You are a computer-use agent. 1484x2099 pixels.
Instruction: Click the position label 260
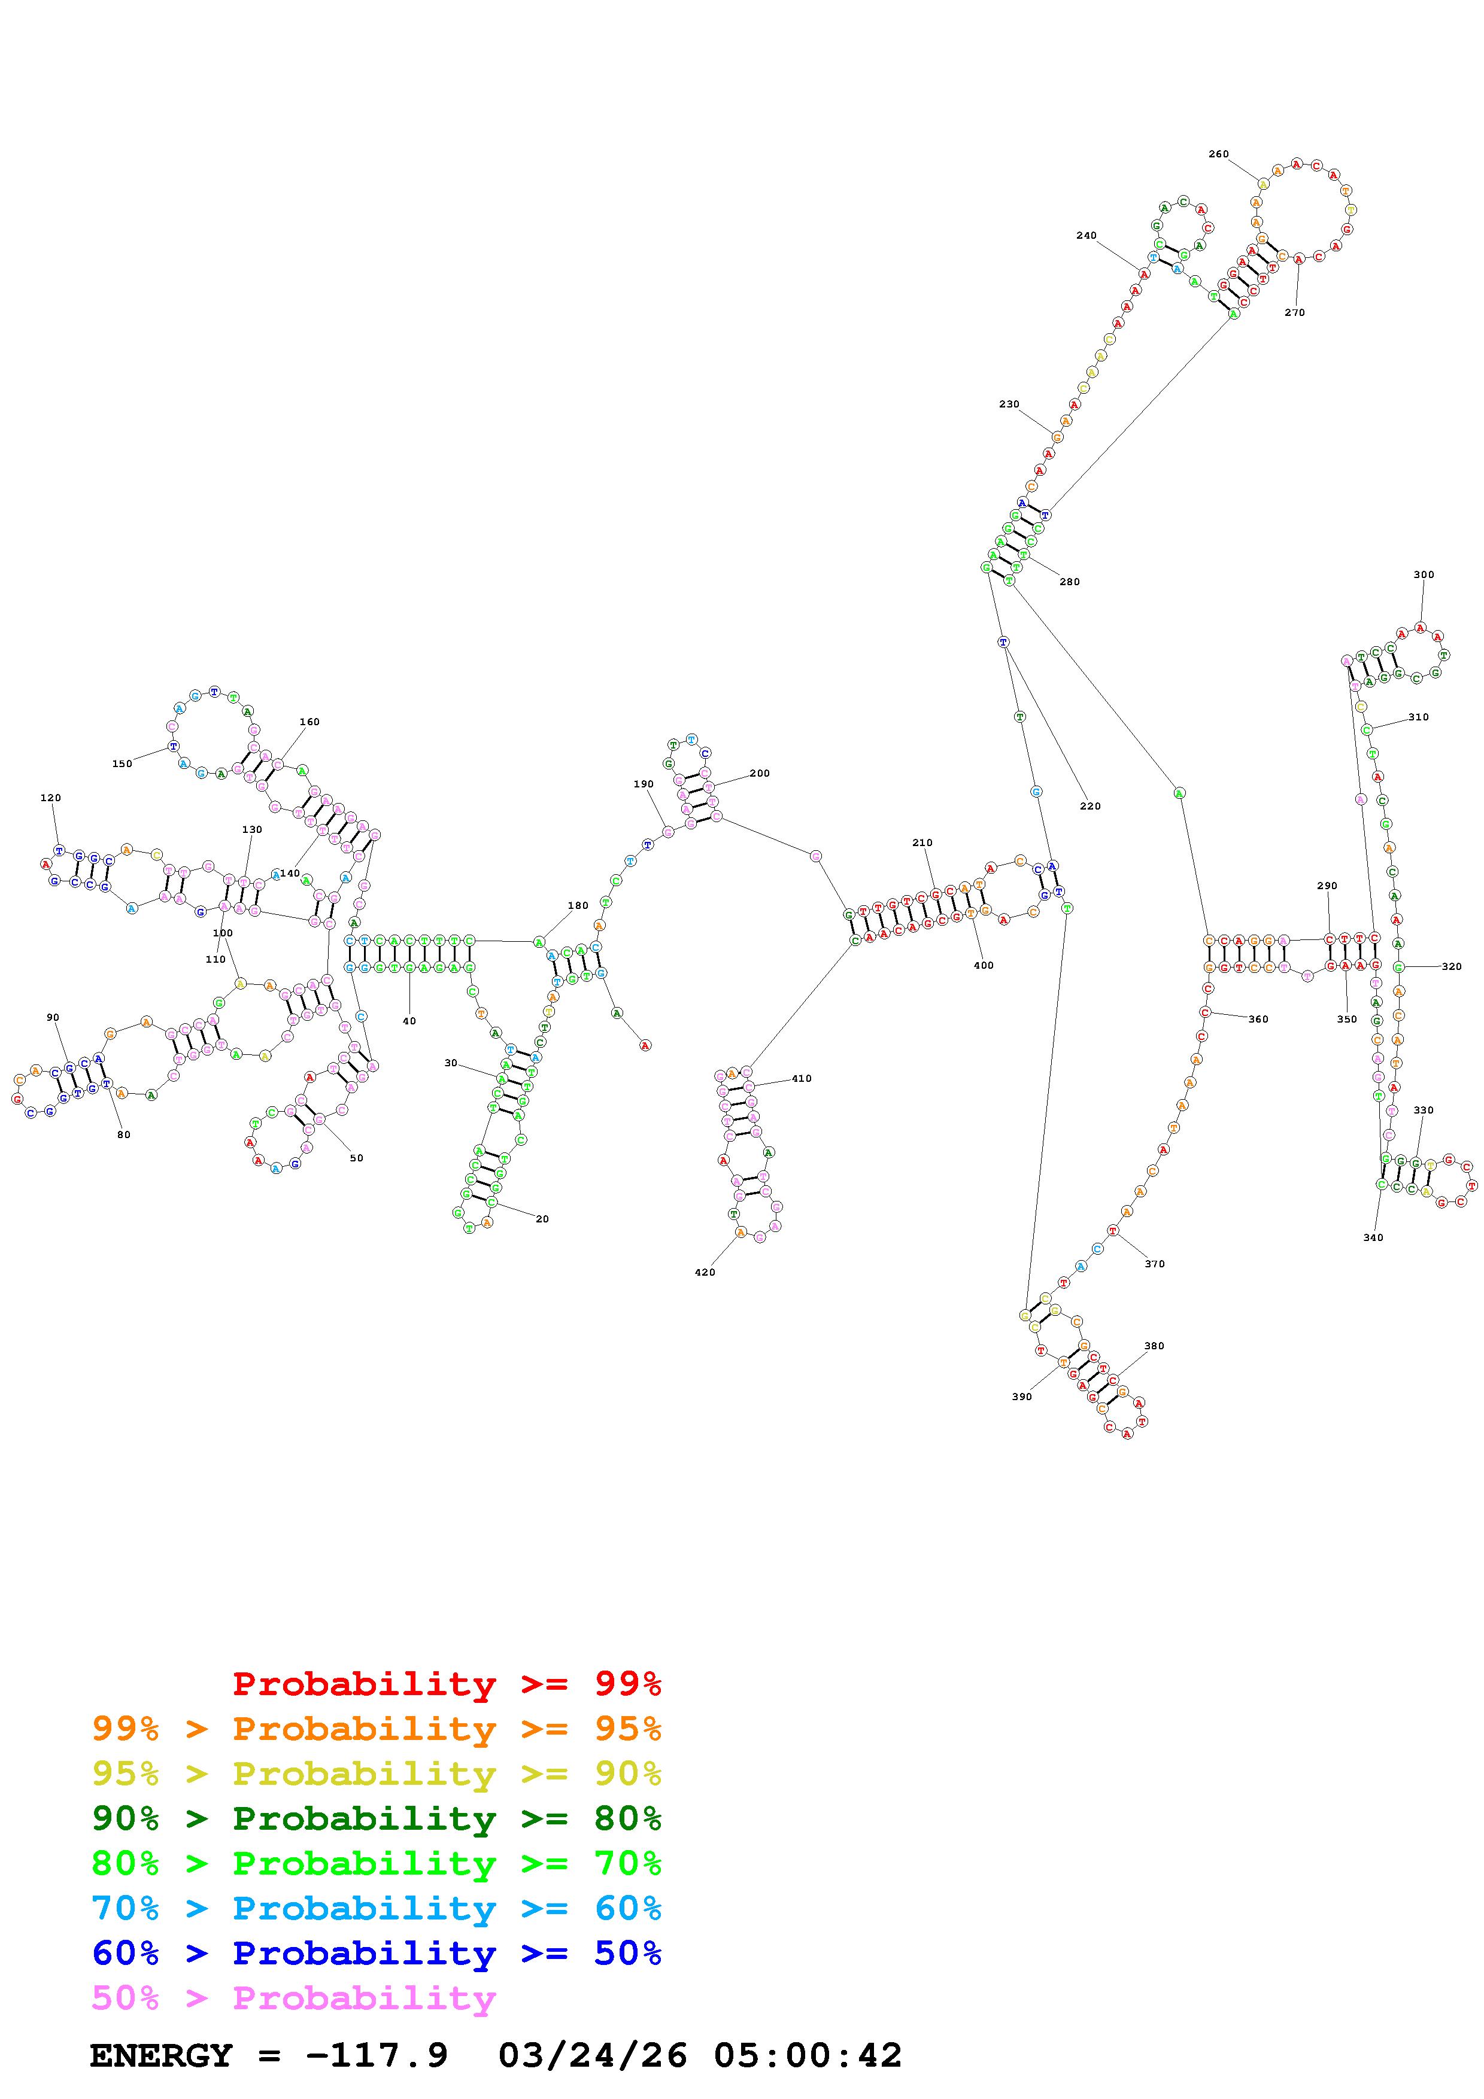pos(1218,154)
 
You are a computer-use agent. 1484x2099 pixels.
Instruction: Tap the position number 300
pos(1424,575)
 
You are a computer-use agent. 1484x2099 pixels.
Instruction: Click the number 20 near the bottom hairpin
pos(542,1219)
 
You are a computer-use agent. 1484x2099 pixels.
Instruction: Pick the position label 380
pos(1154,1346)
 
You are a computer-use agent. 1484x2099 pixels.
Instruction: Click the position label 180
pos(578,906)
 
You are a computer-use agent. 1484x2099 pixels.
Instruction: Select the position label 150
pos(122,764)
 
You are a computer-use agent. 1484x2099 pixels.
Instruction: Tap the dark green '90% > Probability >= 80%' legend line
pos(377,1819)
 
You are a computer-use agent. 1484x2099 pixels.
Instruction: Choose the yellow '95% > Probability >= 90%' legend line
pos(377,1775)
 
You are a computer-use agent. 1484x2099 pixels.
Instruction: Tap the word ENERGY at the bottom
pos(161,2056)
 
